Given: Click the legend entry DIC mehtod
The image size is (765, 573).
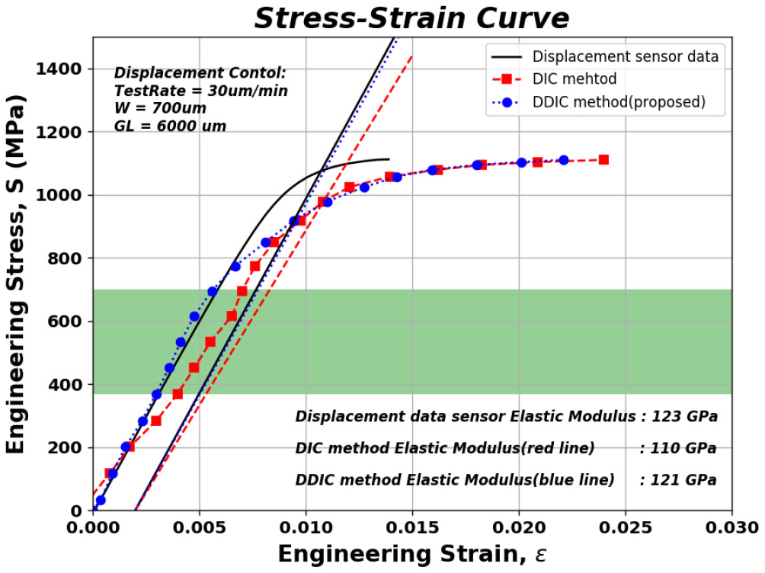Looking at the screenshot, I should pos(575,79).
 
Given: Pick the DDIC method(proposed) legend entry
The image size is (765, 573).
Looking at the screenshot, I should pos(618,101).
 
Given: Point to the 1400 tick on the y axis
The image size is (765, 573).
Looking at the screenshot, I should pos(62,69).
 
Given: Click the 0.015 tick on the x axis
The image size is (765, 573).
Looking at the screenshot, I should pos(412,527).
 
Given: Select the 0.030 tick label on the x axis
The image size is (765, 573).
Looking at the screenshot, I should pos(731,527).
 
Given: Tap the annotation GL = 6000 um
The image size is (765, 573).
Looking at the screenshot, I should pos(170,126).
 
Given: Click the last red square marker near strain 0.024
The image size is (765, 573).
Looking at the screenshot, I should pos(603,160).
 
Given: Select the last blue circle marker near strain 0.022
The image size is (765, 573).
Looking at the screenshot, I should pos(564,160).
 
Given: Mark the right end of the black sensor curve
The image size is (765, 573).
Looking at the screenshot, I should pos(389,159).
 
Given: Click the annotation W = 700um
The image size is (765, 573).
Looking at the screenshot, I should pos(160,108).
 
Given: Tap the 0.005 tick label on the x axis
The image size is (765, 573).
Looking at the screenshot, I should pos(199,527).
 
